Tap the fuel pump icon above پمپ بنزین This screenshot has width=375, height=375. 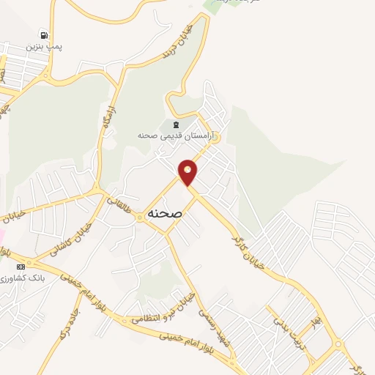[45, 34]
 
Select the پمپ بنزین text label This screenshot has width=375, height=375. [45, 47]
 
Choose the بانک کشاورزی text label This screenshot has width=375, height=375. [24, 278]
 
